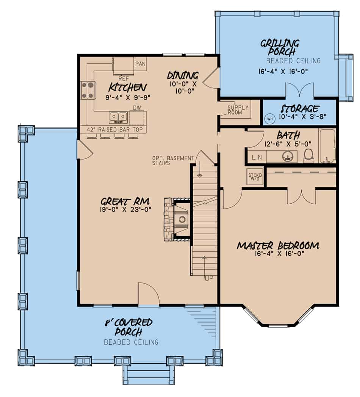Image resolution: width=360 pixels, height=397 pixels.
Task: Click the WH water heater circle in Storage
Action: (x=270, y=118)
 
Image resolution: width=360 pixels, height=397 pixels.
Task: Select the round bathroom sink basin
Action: (x=288, y=157)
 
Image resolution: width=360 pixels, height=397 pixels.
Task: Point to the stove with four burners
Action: (x=88, y=90)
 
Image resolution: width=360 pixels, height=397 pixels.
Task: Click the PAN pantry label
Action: (x=141, y=64)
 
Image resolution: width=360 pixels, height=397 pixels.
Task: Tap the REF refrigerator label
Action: (x=124, y=79)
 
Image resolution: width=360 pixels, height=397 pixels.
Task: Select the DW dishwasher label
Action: (x=137, y=108)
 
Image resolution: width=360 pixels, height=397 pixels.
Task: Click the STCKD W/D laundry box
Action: (x=255, y=177)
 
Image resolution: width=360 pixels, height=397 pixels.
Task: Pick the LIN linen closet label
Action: (x=257, y=157)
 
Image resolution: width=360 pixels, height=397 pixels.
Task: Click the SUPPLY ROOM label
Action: (x=238, y=110)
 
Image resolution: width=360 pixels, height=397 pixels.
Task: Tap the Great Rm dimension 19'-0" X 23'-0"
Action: (x=126, y=209)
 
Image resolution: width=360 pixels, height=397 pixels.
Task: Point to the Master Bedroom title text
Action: (x=278, y=246)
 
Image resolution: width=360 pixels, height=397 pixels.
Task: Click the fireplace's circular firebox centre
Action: (x=182, y=219)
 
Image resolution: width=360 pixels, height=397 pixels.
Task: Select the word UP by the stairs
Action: (x=209, y=279)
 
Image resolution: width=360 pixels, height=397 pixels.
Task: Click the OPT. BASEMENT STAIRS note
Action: (x=173, y=160)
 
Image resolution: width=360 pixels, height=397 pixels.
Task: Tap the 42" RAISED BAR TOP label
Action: (x=115, y=130)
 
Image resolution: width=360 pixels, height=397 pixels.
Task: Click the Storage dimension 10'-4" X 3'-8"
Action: (x=302, y=117)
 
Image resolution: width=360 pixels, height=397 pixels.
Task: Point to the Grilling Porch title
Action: (x=280, y=47)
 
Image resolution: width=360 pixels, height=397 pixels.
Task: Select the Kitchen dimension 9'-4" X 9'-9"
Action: (x=128, y=97)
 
